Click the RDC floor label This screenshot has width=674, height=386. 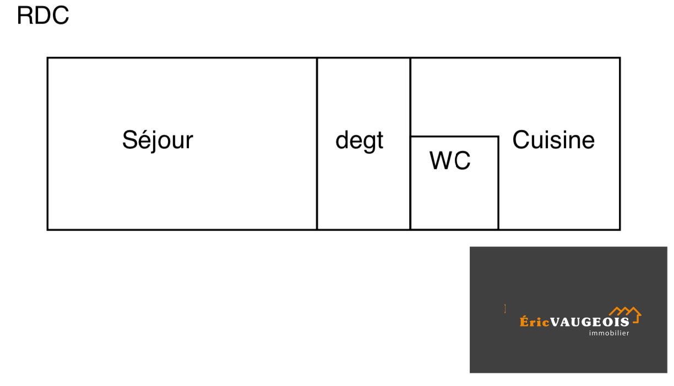click(43, 16)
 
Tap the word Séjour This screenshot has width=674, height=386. click(157, 140)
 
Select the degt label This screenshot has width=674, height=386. click(359, 141)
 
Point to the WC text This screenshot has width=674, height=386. click(450, 161)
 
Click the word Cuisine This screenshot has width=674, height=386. click(553, 140)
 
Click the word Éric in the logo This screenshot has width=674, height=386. click(534, 322)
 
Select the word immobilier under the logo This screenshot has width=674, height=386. click(609, 333)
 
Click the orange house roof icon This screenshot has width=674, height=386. click(625, 312)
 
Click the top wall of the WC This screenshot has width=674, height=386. click(454, 136)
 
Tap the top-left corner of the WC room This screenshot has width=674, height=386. click(411, 136)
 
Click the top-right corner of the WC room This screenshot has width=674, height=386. click(498, 136)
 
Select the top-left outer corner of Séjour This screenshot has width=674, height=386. click(48, 58)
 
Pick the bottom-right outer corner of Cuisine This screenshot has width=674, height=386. click(619, 229)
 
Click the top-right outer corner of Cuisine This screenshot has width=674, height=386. click(619, 58)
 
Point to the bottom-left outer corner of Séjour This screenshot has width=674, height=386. click(48, 229)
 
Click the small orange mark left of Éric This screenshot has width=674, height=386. click(505, 308)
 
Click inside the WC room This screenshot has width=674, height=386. click(454, 193)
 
